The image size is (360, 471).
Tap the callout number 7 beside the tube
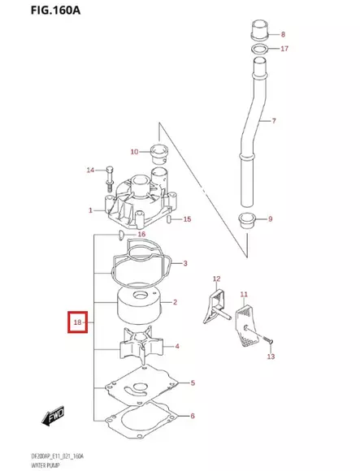click(274, 121)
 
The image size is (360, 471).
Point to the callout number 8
click(283, 35)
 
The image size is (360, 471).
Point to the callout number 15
click(187, 219)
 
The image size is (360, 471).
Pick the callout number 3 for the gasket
click(185, 263)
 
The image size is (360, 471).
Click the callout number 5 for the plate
click(192, 382)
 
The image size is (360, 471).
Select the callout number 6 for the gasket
click(192, 417)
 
